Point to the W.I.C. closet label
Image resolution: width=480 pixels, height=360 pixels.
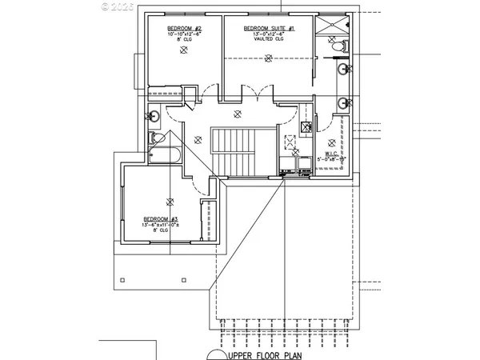pos(331,153)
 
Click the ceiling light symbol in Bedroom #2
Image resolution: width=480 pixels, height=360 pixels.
pos(184,50)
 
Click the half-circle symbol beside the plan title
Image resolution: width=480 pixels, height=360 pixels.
pos(216,354)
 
